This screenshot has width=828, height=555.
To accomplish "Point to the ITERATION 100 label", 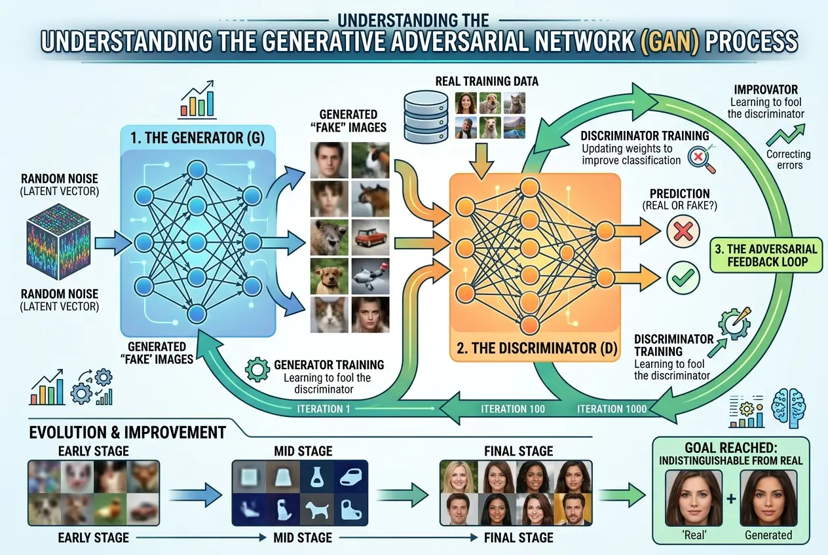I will point(512,409).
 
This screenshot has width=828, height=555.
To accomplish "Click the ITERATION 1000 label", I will point(612,409).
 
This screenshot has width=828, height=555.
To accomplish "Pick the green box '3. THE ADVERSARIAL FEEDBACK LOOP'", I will point(766,256).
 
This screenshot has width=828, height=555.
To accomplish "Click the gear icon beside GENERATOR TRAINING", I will point(257,369).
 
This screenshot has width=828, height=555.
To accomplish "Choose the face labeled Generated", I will point(768,498).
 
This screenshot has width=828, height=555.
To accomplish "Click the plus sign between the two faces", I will point(730,499).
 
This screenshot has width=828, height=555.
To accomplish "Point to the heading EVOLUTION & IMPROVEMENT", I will point(128,433).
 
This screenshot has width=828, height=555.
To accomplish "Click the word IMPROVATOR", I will point(764,89).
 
